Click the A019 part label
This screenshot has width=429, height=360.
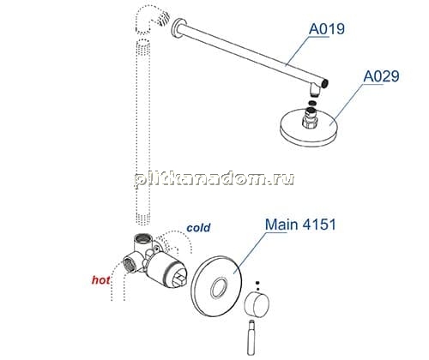(327, 29)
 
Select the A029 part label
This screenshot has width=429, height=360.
(381, 76)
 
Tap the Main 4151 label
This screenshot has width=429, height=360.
(300, 225)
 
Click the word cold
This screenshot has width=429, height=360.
(198, 228)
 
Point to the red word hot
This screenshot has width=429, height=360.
(100, 280)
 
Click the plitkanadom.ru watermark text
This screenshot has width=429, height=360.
(214, 179)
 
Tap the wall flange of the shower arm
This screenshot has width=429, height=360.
(179, 29)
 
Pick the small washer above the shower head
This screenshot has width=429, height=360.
(313, 103)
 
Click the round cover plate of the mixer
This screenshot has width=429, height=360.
(216, 286)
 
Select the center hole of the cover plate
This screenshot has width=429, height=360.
(219, 287)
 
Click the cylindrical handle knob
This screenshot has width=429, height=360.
(257, 304)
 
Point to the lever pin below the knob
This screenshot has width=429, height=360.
(251, 338)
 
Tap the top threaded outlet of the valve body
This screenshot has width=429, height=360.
(142, 237)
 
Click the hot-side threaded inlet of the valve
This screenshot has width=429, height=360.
(130, 264)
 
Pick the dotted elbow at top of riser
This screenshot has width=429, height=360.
(151, 20)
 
